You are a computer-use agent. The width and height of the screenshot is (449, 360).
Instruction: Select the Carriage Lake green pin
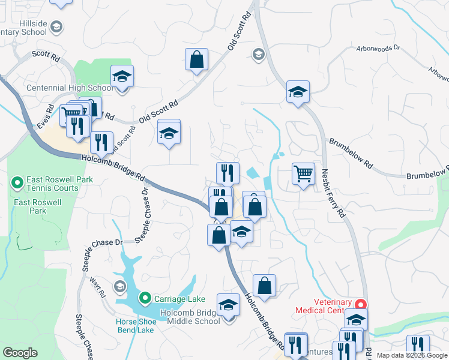tap(145, 298)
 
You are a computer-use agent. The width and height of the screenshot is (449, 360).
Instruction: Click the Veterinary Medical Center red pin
tap(361, 304)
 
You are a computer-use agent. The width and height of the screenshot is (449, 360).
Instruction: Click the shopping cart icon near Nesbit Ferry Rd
tap(304, 174)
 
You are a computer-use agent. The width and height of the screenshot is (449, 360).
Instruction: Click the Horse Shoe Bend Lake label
tap(136, 326)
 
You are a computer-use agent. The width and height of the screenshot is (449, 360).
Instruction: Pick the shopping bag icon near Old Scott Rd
tap(196, 59)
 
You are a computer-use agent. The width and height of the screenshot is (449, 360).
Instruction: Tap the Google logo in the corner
tap(20, 353)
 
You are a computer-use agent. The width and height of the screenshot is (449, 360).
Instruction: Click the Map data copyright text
tap(412, 355)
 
